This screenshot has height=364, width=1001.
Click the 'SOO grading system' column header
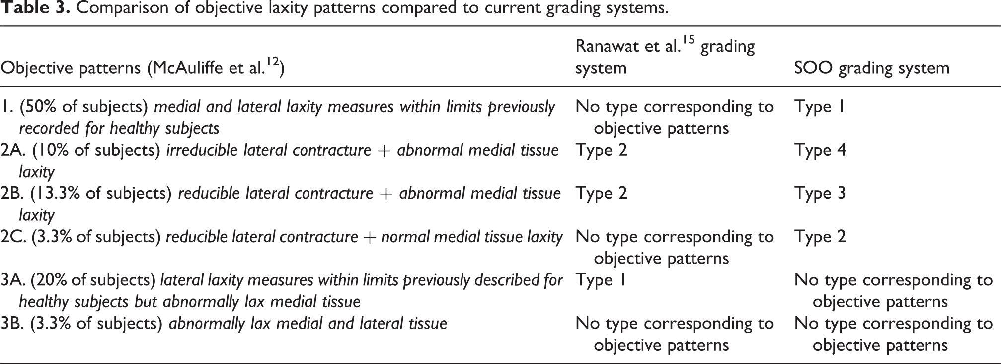point(872,68)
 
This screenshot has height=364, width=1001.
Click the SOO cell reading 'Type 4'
point(820,150)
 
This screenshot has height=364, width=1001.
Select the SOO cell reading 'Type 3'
point(820,193)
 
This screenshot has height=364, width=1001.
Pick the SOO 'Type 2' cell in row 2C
point(820,237)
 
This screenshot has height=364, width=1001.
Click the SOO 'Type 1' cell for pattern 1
point(819,107)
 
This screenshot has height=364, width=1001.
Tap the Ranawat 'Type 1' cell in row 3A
point(600,280)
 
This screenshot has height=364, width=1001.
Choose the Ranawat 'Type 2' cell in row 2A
point(602,150)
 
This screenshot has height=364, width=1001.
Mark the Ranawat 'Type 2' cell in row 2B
point(602,193)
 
